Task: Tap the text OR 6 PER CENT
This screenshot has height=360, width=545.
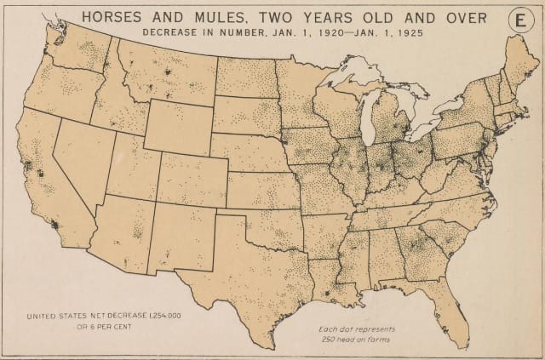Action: click(82, 327)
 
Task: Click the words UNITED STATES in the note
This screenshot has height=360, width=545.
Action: click(63, 316)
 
